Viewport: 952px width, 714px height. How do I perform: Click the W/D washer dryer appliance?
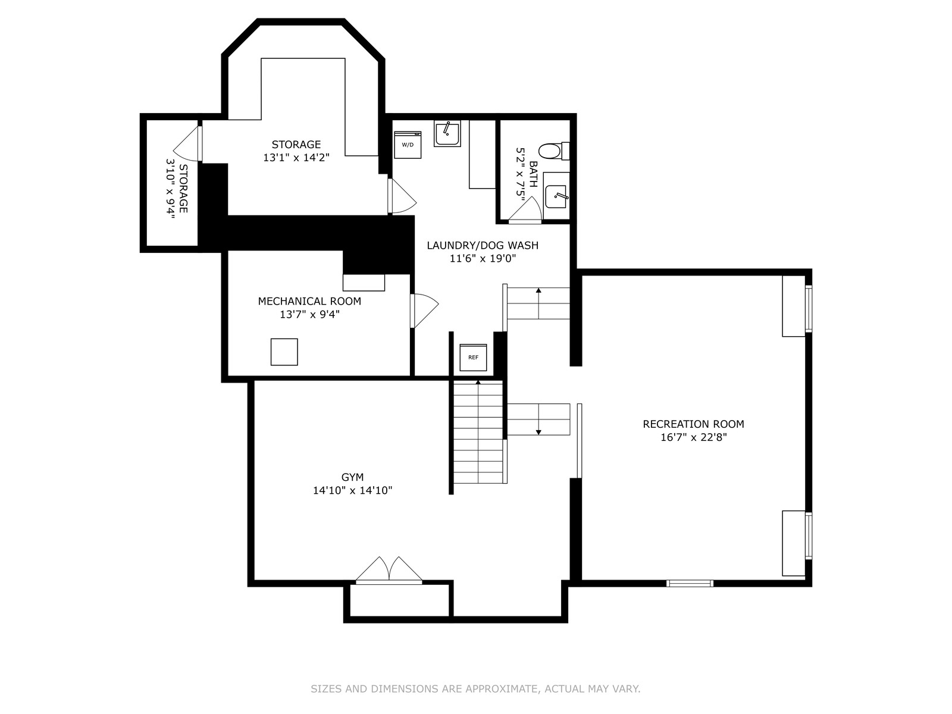pyautogui.click(x=407, y=145)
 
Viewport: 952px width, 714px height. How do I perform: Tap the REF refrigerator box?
pyautogui.click(x=473, y=357)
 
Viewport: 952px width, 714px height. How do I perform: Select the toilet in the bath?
pyautogui.click(x=554, y=151)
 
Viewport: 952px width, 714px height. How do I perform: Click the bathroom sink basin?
pyautogui.click(x=556, y=196)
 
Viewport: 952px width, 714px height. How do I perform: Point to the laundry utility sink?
pyautogui.click(x=447, y=133)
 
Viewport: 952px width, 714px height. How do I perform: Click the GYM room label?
pyautogui.click(x=352, y=477)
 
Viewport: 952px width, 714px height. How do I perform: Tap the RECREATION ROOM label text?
pyautogui.click(x=693, y=424)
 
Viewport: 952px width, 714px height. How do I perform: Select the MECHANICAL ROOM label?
pyautogui.click(x=309, y=301)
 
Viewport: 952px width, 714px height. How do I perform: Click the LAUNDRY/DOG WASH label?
pyautogui.click(x=483, y=245)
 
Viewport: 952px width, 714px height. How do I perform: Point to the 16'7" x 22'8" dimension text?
pyautogui.click(x=693, y=437)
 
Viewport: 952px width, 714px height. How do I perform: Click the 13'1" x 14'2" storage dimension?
pyautogui.click(x=296, y=157)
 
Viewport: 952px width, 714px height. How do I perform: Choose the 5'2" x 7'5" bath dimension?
pyautogui.click(x=520, y=172)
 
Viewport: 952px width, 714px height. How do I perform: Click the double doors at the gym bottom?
pyautogui.click(x=389, y=570)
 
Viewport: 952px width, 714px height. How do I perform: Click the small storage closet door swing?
pyautogui.click(x=186, y=144)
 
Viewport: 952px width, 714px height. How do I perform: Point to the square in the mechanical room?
pyautogui.click(x=284, y=352)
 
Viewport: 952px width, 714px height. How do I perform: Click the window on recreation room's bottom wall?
pyautogui.click(x=690, y=583)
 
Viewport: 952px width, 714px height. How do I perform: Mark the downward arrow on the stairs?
pyautogui.click(x=538, y=419)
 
